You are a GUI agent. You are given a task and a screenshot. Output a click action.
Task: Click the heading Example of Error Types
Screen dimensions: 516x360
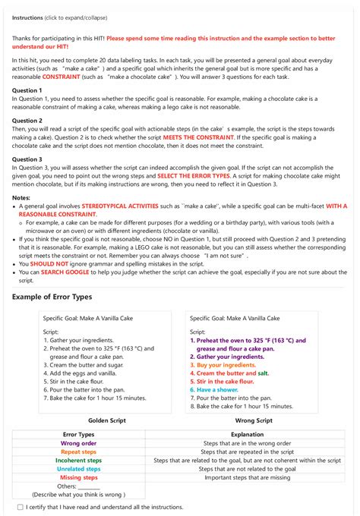point(63,296)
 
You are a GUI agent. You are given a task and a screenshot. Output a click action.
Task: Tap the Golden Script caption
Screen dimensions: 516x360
point(107,419)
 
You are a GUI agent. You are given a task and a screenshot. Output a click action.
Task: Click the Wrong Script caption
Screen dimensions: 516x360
point(254,419)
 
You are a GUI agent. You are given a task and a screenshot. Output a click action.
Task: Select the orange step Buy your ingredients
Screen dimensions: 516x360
point(226,365)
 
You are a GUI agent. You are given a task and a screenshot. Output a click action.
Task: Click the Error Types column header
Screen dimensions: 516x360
point(78,435)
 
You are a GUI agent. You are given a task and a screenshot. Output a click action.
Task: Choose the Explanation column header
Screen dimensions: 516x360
point(248,435)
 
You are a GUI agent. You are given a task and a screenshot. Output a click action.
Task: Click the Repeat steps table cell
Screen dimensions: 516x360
point(78,451)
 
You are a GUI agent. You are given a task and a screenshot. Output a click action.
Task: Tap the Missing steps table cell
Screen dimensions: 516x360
point(78,477)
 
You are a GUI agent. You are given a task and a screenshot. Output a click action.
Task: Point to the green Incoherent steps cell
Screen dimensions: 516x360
point(78,461)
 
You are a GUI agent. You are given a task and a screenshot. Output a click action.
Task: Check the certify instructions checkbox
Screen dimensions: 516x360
point(20,507)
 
